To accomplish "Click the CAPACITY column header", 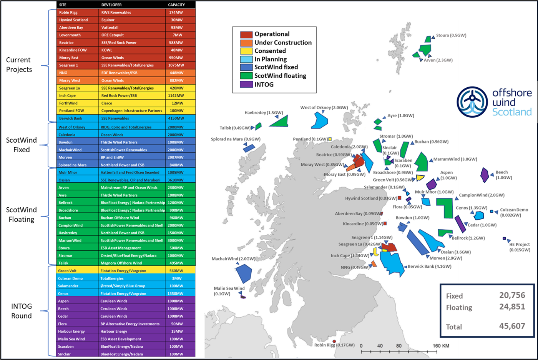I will click(x=176, y=5).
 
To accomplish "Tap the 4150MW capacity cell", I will click(x=175, y=118).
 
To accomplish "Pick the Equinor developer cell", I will click(x=108, y=20).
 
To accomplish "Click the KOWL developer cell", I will click(x=107, y=50).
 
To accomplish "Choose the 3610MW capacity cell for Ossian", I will click(x=175, y=180).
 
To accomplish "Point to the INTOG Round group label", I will click(x=22, y=311).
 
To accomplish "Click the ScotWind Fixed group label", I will click(x=22, y=145).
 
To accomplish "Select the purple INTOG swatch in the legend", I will click(x=246, y=84).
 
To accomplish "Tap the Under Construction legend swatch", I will click(x=246, y=43).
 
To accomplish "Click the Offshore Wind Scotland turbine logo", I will click(x=472, y=102).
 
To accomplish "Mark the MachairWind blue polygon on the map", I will click(x=243, y=273).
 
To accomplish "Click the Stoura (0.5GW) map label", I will click(x=451, y=35).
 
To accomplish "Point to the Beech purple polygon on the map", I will click(x=485, y=175).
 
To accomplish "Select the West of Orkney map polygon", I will click(x=319, y=121).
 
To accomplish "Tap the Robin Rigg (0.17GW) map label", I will click(x=334, y=345).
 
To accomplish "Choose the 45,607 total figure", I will click(x=512, y=326).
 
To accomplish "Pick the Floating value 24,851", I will click(x=512, y=307).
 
